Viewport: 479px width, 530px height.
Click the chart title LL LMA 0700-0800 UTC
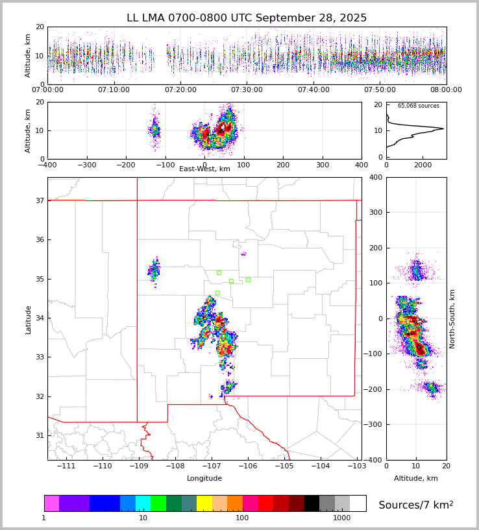[247, 18]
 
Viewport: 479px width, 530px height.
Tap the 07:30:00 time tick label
[247, 90]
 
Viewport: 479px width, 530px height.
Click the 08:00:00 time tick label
[446, 90]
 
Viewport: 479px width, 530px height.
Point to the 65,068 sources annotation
[418, 106]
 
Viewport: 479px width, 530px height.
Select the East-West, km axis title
[204, 169]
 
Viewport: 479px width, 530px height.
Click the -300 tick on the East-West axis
[86, 165]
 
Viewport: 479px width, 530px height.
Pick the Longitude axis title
[204, 479]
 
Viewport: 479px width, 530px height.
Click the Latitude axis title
[29, 319]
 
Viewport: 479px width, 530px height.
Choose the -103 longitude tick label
[356, 466]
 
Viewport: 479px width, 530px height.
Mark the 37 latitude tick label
[39, 201]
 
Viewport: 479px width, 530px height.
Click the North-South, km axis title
[452, 319]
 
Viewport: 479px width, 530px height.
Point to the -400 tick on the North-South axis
[375, 460]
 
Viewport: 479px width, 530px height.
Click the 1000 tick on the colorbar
[342, 518]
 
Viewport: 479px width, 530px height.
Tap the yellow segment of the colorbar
[204, 503]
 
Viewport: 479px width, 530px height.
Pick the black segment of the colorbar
[312, 503]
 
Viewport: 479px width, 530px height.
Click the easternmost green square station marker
[248, 280]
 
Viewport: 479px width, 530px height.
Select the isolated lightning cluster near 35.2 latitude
[154, 269]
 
